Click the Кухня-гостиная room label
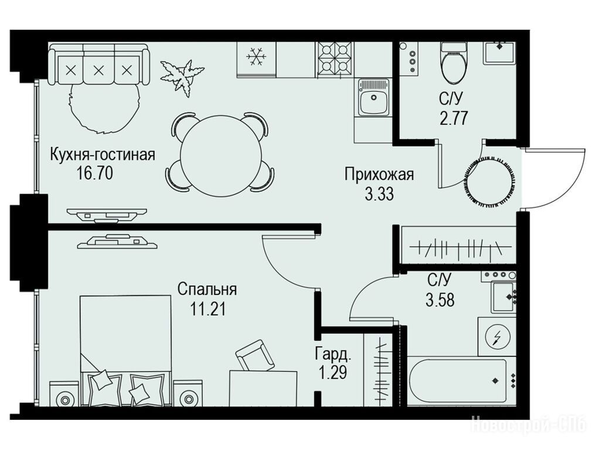point(103,156)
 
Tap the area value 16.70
point(94,174)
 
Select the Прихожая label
point(379,175)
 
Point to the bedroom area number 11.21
point(208,308)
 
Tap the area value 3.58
point(440,300)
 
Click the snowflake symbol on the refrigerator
point(256,58)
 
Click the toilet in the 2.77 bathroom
point(454,63)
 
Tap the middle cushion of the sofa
point(98,70)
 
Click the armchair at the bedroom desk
point(255,355)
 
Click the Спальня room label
point(207,290)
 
